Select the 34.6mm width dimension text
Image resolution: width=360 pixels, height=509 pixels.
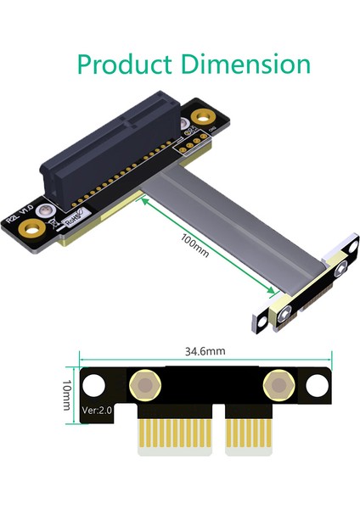pos(203,350)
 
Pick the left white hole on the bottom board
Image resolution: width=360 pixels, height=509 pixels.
pos(93,386)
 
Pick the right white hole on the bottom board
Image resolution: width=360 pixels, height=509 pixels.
pos(316,386)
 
